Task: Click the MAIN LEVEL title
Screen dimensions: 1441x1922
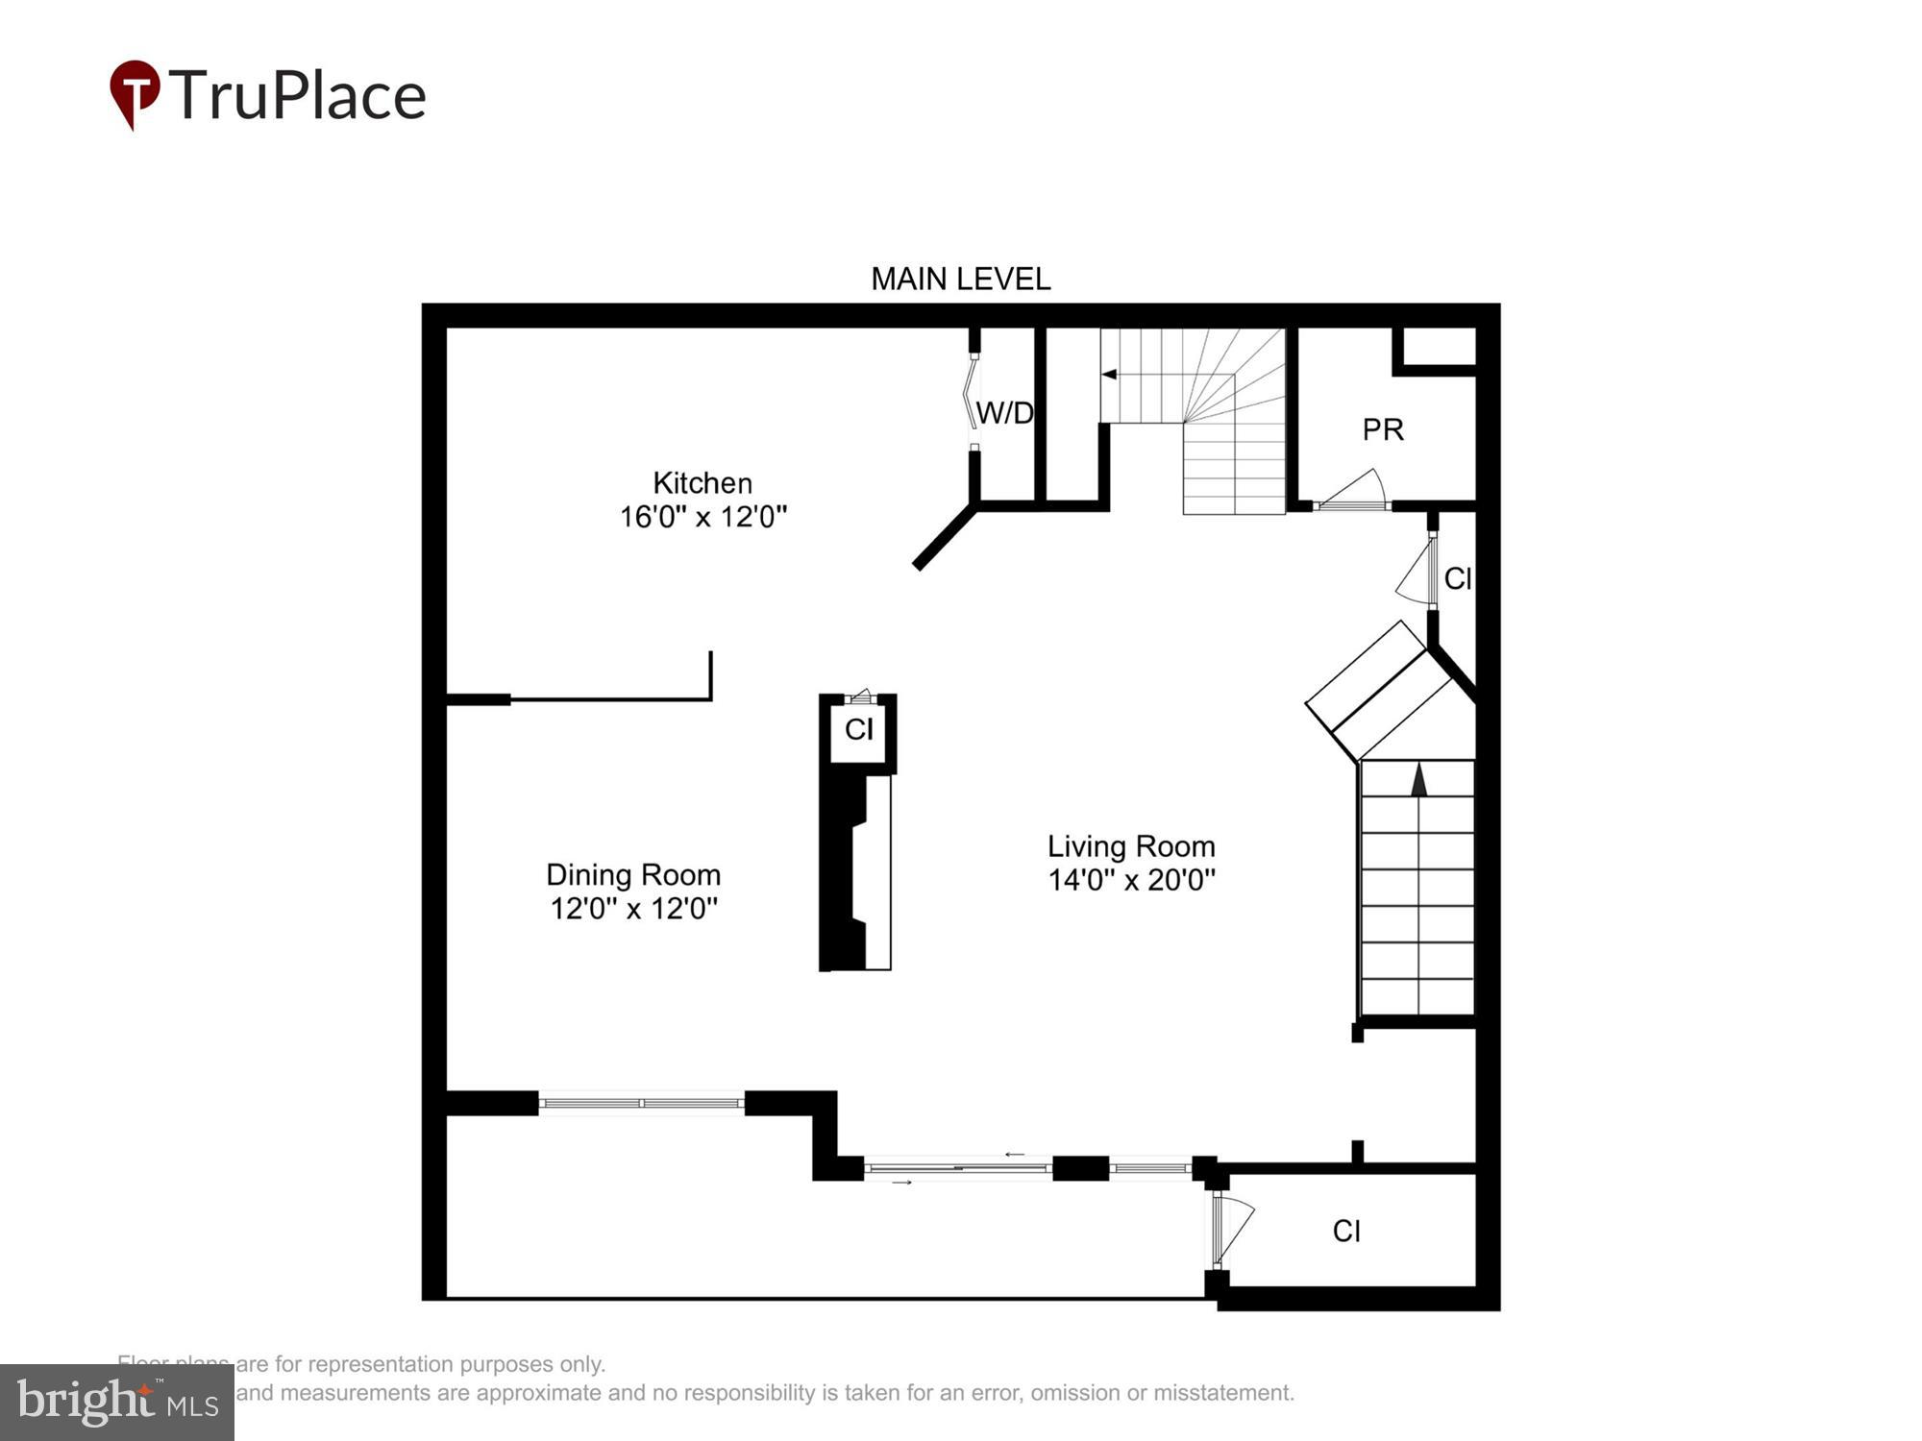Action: [960, 280]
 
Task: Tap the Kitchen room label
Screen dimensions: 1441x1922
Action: [702, 482]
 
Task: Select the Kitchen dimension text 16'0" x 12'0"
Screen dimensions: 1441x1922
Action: [702, 517]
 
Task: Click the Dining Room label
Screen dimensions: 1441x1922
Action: [633, 874]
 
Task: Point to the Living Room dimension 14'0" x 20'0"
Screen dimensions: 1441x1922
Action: [1131, 880]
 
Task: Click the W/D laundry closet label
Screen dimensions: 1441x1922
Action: [1004, 413]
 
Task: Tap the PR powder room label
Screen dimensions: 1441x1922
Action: [1383, 429]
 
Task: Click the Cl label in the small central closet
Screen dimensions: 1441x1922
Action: [858, 730]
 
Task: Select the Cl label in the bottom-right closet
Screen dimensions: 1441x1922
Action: [1346, 1231]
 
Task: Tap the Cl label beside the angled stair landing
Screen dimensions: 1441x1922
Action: [1457, 578]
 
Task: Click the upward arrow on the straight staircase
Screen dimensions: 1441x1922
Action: [1418, 780]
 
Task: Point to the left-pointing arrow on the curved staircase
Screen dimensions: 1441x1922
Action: [1110, 375]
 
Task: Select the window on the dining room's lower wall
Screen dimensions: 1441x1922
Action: [641, 1104]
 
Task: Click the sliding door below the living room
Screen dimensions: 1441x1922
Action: [957, 1168]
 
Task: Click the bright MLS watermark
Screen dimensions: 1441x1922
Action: [117, 1404]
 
